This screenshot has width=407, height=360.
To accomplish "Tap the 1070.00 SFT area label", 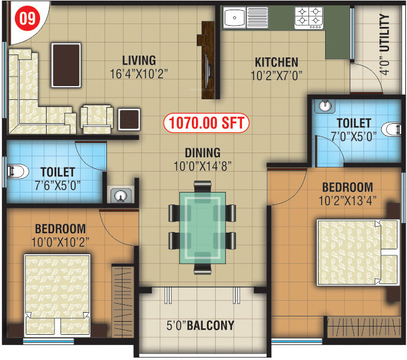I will [x=206, y=124].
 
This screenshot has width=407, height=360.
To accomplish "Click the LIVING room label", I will [x=139, y=60].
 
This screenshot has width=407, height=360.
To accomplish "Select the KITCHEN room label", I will [x=276, y=62].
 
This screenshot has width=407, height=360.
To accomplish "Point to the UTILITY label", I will [x=384, y=33].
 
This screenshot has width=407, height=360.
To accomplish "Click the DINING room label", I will [x=203, y=152].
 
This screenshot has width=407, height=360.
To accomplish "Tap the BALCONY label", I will [x=209, y=327].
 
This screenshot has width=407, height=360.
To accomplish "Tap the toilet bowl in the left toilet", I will [x=16, y=172].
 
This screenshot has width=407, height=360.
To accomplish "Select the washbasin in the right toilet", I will [x=324, y=106].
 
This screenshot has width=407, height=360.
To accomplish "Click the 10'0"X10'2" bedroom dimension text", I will [x=60, y=242].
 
